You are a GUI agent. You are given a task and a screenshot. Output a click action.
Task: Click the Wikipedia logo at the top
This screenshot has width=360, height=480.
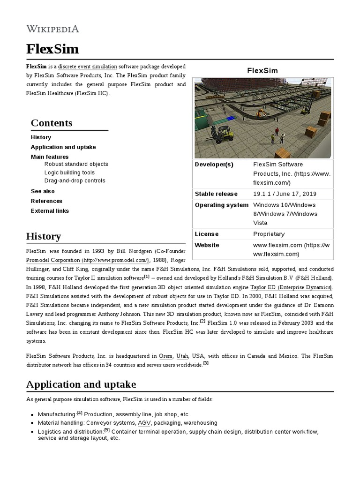52,29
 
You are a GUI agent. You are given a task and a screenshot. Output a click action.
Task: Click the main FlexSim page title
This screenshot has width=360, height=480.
52,49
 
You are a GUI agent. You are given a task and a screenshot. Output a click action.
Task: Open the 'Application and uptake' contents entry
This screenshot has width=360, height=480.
63,147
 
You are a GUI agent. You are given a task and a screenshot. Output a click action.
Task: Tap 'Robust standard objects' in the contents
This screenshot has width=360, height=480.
76,164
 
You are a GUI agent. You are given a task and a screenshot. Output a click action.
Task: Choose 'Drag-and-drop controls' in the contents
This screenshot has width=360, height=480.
75,180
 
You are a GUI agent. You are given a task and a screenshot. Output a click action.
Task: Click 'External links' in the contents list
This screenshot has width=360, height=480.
50,211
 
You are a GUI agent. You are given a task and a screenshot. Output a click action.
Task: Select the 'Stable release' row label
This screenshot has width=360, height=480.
216,194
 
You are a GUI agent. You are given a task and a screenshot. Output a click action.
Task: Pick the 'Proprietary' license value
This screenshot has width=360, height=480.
269,234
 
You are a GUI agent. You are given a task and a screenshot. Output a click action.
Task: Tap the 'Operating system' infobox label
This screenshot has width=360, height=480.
222,205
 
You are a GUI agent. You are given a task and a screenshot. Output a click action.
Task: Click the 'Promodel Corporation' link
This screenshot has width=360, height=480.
53,260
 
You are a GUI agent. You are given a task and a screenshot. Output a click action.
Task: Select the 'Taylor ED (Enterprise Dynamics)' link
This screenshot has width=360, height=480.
291,287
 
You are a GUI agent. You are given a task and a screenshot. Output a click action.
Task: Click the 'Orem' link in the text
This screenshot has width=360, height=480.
166,356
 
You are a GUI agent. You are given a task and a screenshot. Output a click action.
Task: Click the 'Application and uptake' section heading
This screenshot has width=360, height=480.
81,384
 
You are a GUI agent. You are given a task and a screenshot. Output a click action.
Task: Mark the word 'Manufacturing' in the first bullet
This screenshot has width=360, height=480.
57,415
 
